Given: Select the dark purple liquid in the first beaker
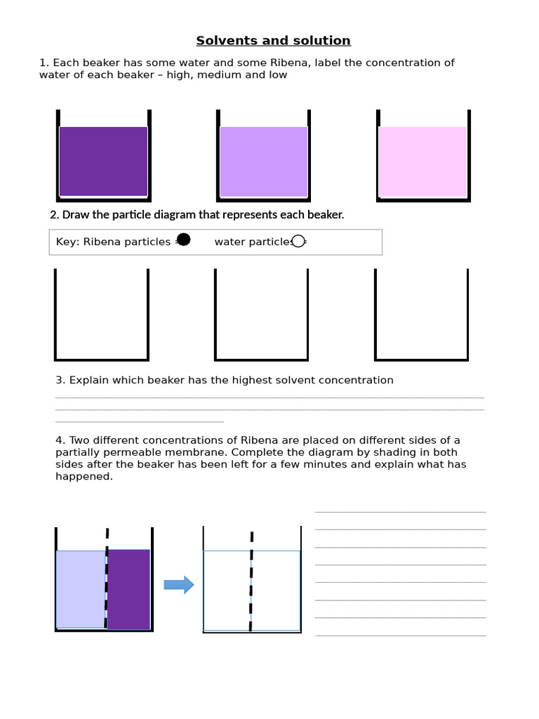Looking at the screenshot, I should pos(103,161).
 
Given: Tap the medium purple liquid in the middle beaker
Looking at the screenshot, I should pos(264,161).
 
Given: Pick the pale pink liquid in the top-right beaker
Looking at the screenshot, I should pos(422,161).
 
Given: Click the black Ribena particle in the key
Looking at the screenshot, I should pos(183,240).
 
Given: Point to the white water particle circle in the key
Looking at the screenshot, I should pos(298,241).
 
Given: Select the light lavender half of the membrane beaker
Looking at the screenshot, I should pos(81,588).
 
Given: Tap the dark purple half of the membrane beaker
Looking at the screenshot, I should pos(129,588).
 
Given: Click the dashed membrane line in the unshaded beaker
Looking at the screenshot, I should pos(252,583).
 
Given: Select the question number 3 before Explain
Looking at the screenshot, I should pos(60,380).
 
